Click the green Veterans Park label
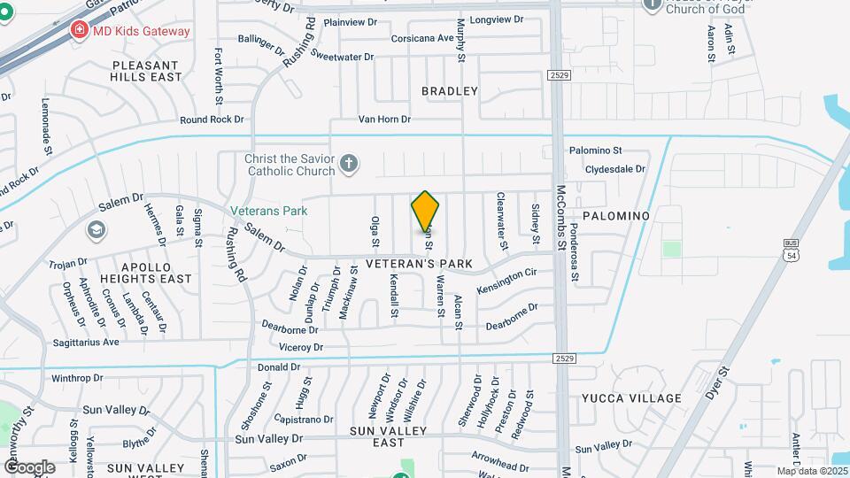[268, 211]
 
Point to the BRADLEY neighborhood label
[449, 91]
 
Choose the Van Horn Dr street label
[384, 119]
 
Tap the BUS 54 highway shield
[791, 249]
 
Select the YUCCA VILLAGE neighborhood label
[631, 398]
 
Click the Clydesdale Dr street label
[614, 168]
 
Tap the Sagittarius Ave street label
[85, 342]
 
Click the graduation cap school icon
[96, 231]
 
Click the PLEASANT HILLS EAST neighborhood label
[146, 71]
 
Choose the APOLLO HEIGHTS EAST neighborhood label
[145, 272]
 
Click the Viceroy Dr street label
[300, 348]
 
